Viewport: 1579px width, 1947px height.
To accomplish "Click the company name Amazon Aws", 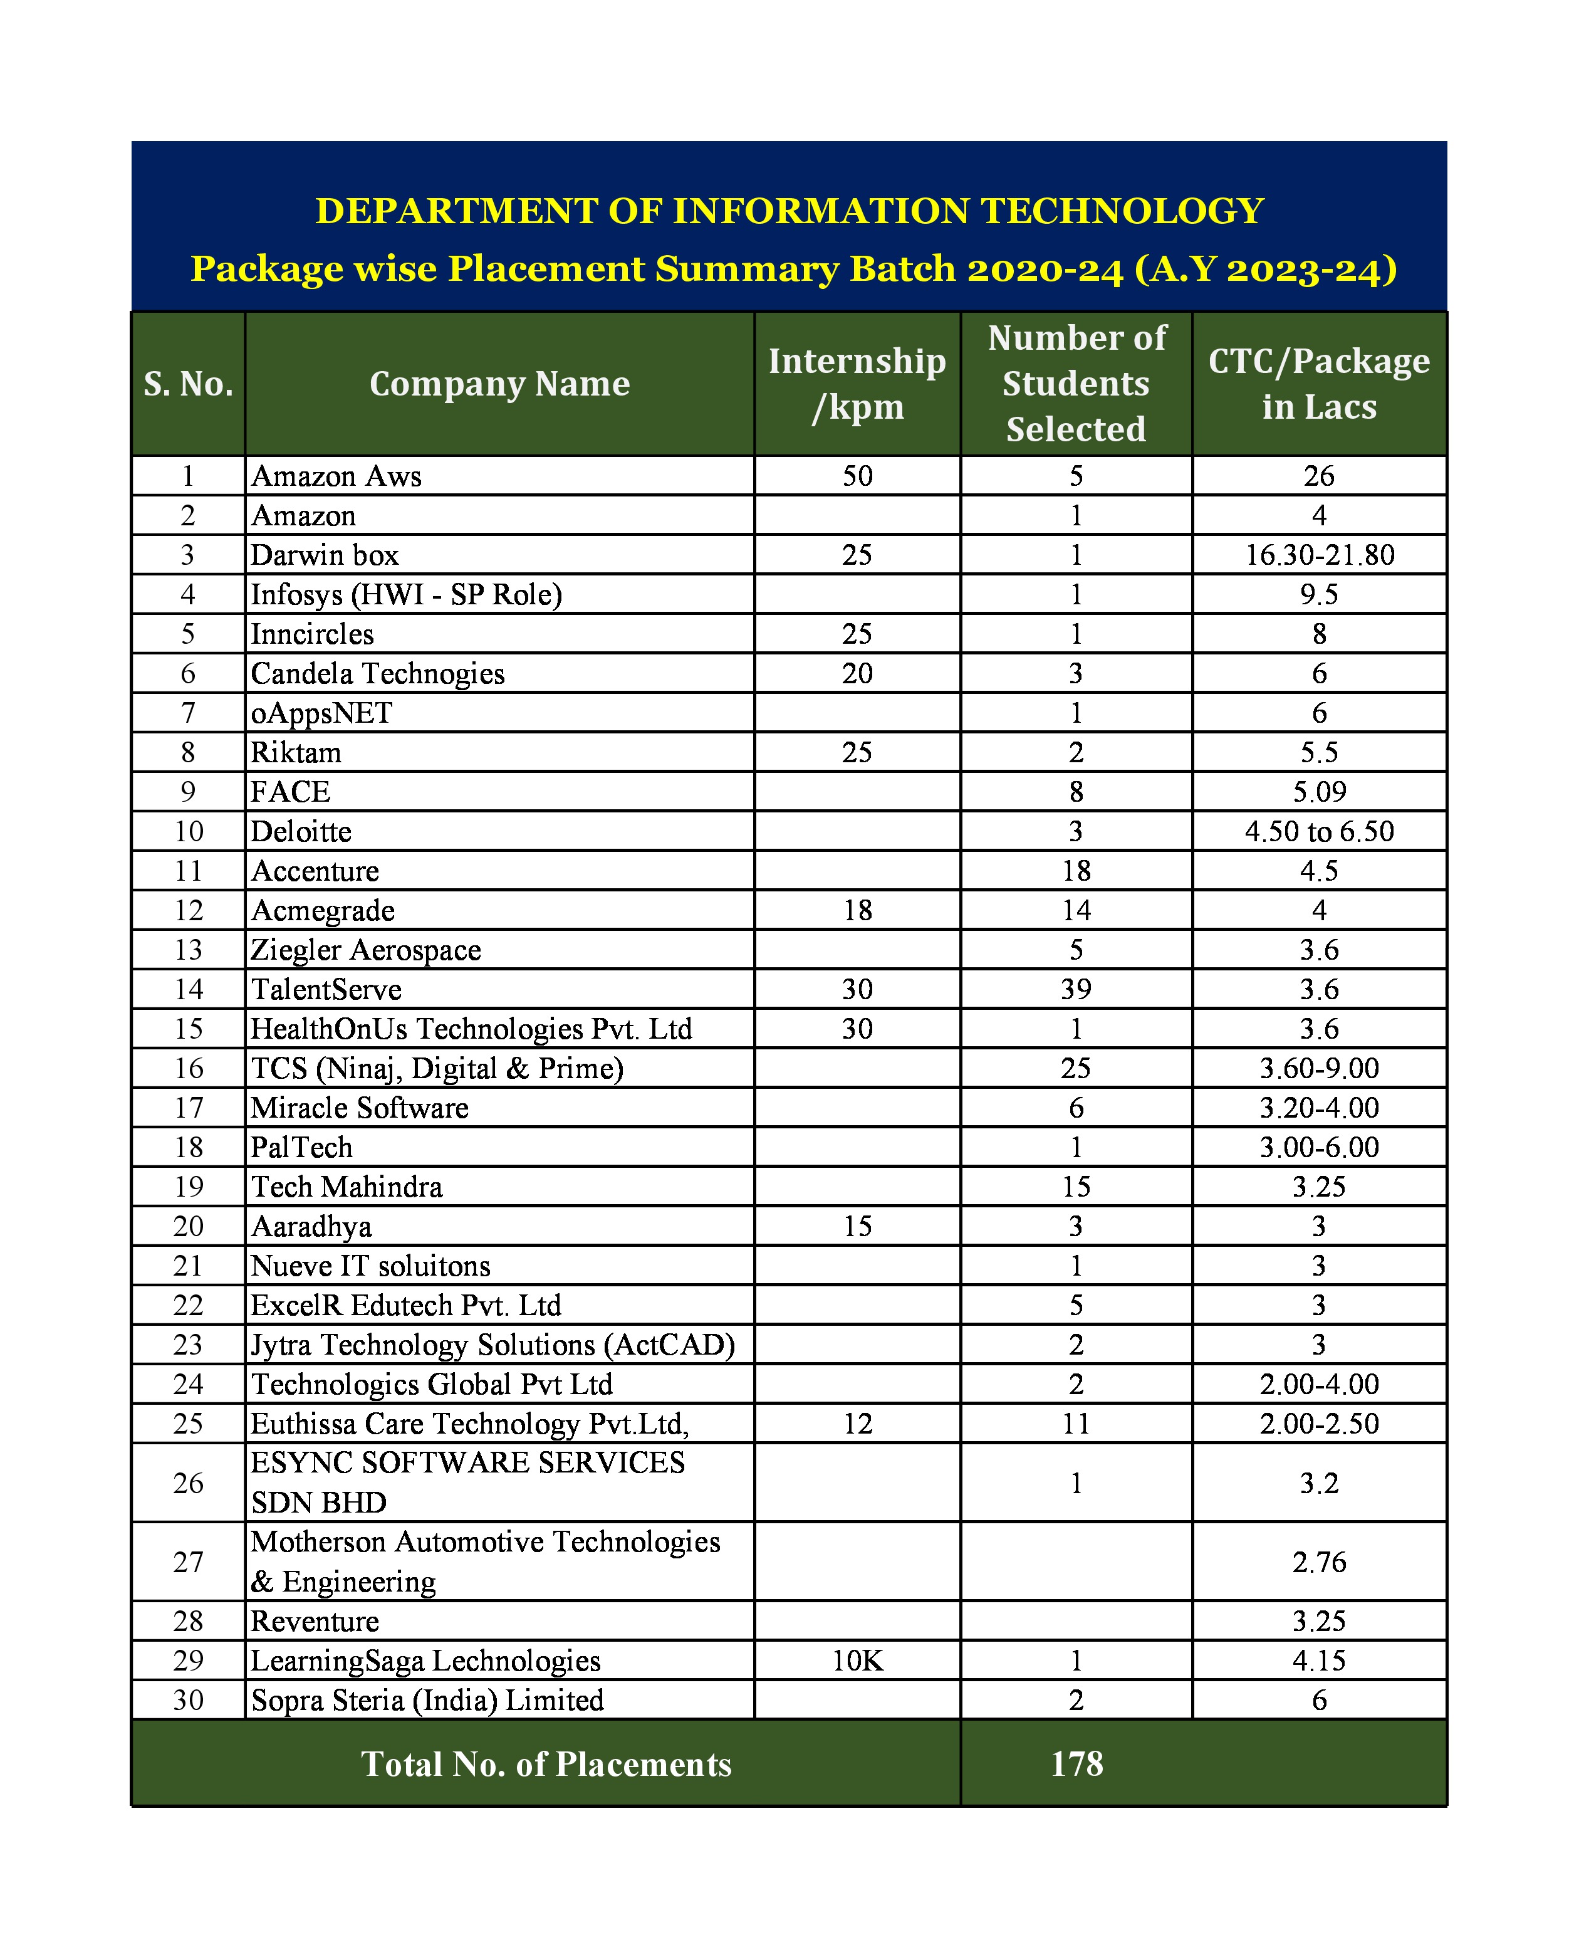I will coord(336,476).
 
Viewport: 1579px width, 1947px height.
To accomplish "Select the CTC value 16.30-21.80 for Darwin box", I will coord(1319,555).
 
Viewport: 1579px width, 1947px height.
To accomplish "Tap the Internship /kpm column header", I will coord(857,384).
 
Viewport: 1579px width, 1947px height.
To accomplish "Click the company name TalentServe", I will coord(326,989).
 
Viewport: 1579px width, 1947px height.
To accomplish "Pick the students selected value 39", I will coord(1076,989).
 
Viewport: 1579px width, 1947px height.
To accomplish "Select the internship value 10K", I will coord(857,1661).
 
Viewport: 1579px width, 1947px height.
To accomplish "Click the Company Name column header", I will coord(499,384).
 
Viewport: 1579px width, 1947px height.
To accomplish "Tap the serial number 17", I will coord(188,1107).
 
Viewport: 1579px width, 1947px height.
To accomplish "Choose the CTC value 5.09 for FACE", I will coord(1319,792).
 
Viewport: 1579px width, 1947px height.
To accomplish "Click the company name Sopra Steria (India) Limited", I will coord(427,1699).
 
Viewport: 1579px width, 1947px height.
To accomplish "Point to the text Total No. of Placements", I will coord(546,1764).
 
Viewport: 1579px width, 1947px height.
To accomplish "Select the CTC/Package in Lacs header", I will coord(1319,384).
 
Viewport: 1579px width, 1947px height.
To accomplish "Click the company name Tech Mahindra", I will coord(347,1187).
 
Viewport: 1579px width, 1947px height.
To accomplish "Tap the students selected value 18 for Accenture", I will coord(1076,871).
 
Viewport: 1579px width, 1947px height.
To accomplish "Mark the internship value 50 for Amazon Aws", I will coord(857,476).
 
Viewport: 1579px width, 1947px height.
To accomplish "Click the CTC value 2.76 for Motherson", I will coord(1319,1562).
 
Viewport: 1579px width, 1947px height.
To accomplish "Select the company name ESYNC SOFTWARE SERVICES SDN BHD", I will coord(467,1483).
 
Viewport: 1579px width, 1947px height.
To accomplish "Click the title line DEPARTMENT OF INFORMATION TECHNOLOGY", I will coord(789,211).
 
